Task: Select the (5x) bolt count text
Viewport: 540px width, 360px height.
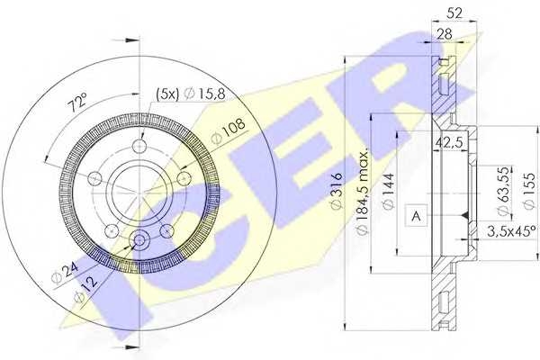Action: pos(167,93)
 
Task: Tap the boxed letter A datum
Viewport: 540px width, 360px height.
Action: pos(416,215)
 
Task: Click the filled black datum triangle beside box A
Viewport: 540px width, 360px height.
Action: pos(461,215)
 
